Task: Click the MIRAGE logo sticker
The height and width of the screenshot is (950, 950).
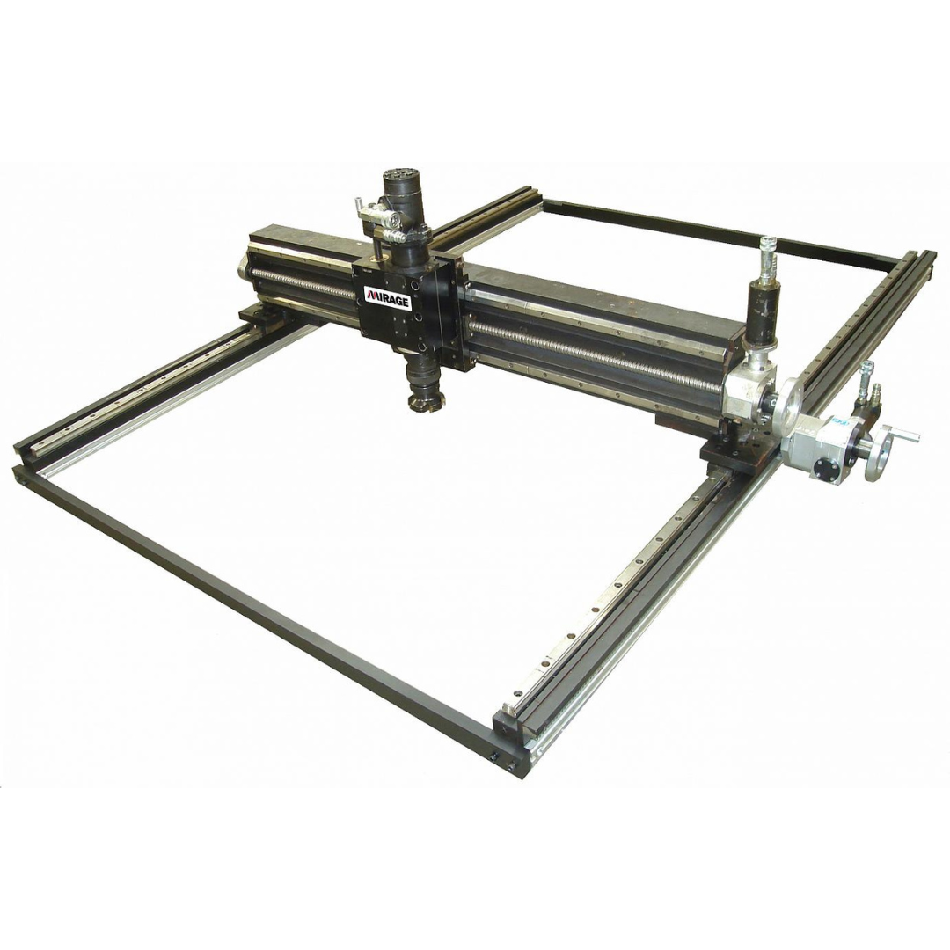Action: click(387, 296)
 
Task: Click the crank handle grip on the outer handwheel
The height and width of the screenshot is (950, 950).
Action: click(906, 435)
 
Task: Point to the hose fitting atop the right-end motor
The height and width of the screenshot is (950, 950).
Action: click(768, 254)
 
